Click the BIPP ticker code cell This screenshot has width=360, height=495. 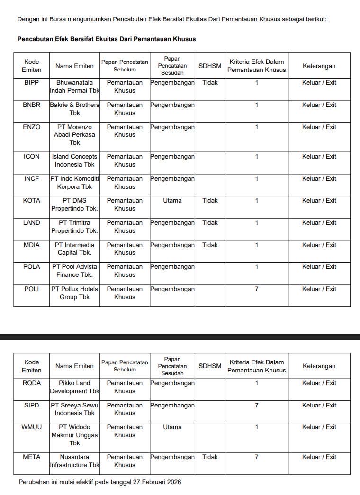click(x=32, y=82)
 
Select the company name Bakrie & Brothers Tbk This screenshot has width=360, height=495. click(x=74, y=109)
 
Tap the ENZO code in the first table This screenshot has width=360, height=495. click(x=32, y=127)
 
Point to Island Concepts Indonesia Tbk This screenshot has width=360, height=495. click(x=74, y=160)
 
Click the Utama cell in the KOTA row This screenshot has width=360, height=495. click(x=172, y=200)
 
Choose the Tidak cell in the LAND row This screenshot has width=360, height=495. click(x=210, y=222)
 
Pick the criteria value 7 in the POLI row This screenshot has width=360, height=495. click(x=256, y=289)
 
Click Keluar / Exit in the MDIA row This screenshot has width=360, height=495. click(x=319, y=245)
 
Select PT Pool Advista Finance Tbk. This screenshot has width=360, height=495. click(x=74, y=271)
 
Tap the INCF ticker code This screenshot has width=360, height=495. click(x=32, y=178)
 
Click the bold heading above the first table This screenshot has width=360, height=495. click(x=107, y=39)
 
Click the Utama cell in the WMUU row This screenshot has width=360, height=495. click(x=172, y=427)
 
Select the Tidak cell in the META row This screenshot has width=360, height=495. click(x=210, y=457)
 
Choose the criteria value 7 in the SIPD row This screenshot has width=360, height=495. click(x=256, y=405)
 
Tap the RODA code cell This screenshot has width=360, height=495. click(x=32, y=383)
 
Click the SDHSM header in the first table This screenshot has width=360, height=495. click(x=210, y=66)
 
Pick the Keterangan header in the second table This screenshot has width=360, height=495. click(x=319, y=366)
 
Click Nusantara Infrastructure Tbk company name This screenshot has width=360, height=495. click(x=74, y=461)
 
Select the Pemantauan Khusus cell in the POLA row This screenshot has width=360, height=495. click(x=125, y=271)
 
